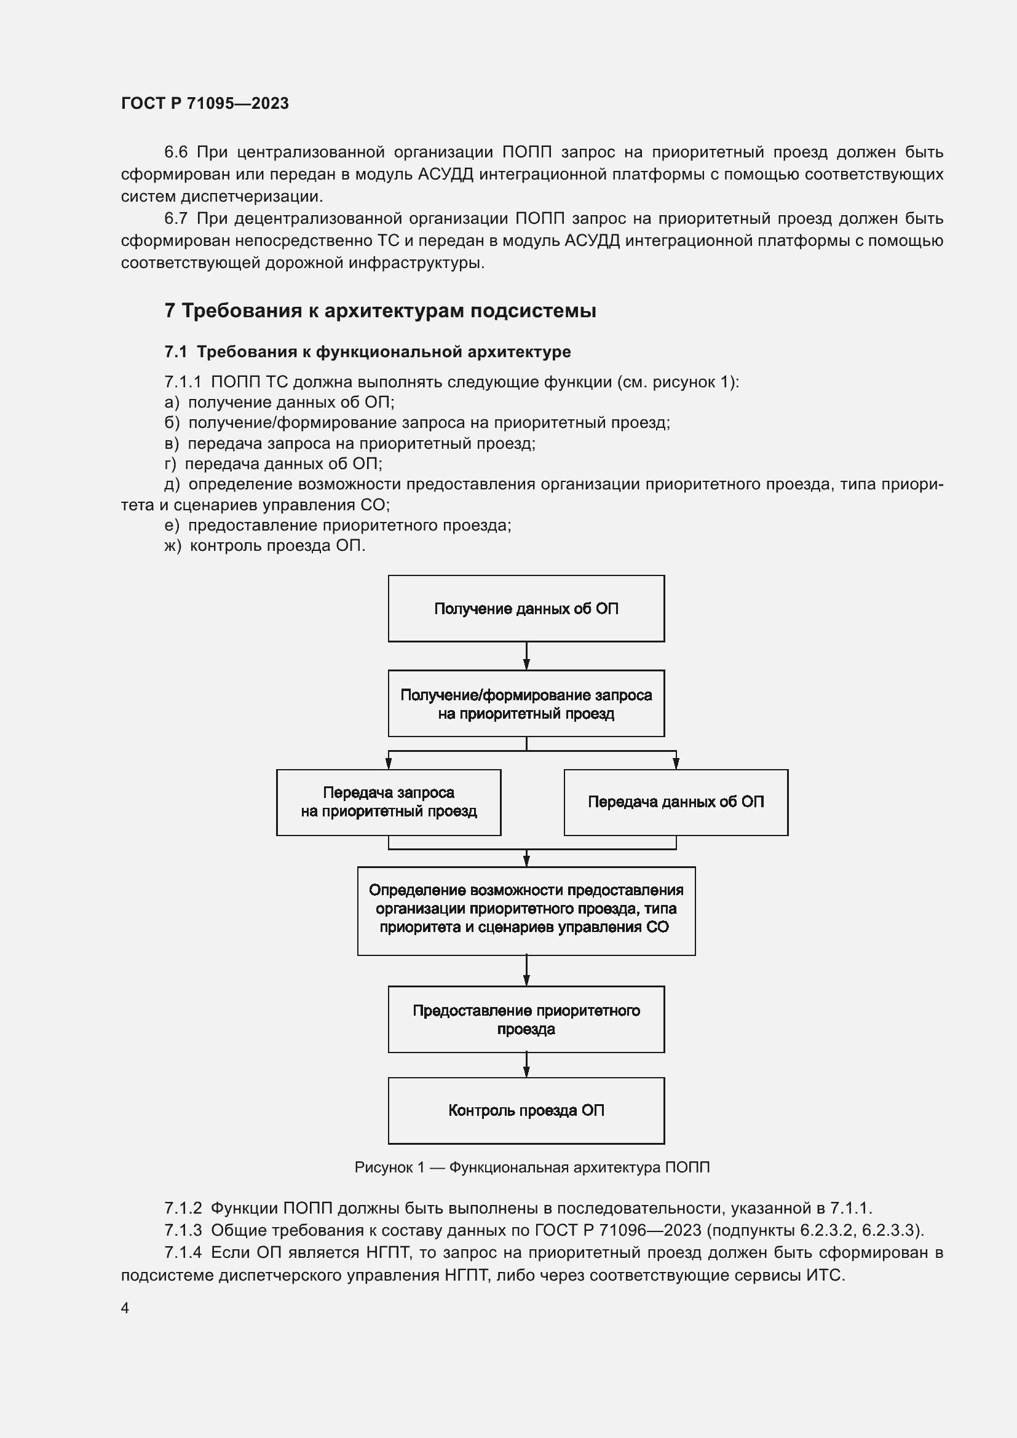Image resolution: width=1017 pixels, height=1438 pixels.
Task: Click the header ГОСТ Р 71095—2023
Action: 205,103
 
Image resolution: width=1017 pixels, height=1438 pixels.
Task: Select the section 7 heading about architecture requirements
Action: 380,310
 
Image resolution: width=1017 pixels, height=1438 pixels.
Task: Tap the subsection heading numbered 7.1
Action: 368,352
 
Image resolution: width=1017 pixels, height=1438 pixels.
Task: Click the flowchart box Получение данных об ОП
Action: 526,609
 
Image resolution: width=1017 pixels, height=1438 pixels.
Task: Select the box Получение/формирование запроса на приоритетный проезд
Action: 526,704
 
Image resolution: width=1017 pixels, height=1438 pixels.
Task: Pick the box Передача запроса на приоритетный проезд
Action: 388,802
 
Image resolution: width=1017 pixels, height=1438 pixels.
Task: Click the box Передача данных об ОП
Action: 676,802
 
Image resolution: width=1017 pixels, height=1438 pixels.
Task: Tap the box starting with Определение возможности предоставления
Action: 526,911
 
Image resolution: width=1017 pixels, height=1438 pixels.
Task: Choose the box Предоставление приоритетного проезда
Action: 526,1019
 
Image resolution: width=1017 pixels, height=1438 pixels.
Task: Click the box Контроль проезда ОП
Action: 526,1111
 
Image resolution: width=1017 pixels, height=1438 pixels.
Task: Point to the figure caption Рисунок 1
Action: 532,1167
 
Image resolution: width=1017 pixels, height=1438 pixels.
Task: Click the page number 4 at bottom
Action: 125,1308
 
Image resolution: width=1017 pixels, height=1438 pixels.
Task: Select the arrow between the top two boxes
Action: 526,657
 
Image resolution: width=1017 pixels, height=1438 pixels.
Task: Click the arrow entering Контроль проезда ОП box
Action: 526,1065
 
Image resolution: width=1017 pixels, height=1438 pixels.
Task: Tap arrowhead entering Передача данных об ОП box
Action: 676,764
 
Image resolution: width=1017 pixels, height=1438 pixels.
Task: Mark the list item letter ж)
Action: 172,546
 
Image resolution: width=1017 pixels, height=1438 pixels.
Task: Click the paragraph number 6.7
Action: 176,219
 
